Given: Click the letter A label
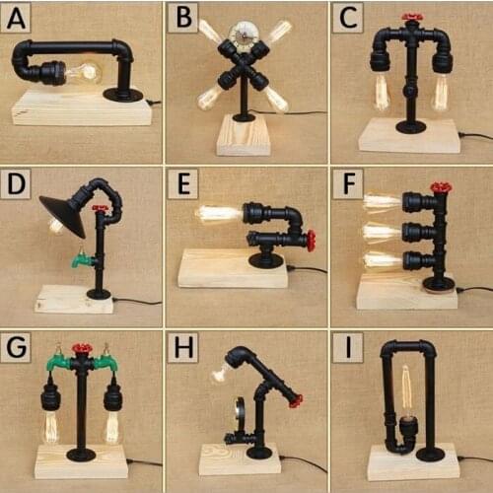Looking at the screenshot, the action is pos(16,18).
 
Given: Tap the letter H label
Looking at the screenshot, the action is pos(183,347).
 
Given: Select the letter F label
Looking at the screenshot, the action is pos(349,183).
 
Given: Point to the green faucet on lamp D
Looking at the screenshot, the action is pos(82,259).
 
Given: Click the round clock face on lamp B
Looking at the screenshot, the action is pos(243,36).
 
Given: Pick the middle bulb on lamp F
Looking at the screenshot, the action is pos(383,233).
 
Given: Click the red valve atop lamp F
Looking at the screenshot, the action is pos(442,187).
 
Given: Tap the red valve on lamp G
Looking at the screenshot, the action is pos(81,348).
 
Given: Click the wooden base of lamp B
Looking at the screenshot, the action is pos(244,135).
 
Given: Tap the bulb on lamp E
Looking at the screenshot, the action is pos(219,215).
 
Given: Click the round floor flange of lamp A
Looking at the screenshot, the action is pos(123,95).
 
